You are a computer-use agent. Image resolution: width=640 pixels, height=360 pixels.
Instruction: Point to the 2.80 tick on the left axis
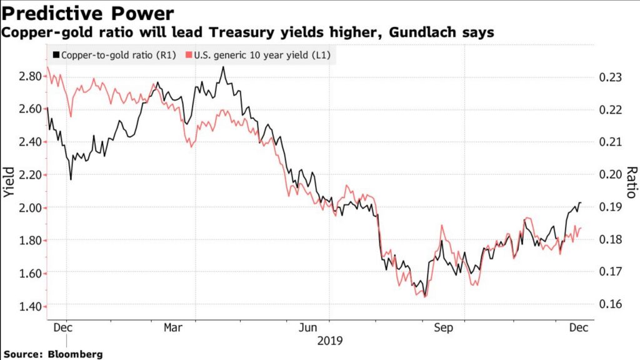coord(29,76)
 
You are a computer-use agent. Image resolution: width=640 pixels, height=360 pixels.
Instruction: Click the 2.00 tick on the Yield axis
coord(29,207)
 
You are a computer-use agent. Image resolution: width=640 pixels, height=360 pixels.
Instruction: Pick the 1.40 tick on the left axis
coord(29,306)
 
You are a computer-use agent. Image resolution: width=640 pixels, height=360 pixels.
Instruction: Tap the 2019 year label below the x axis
coord(329,341)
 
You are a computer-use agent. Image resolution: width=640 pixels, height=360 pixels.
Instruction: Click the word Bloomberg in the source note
coord(76,354)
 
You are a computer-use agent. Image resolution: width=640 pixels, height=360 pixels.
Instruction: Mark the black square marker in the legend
coord(57,56)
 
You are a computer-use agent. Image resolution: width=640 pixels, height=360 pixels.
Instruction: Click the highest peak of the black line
coord(223,67)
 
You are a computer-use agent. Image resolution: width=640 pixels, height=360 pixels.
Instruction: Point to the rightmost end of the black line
coord(581,202)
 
